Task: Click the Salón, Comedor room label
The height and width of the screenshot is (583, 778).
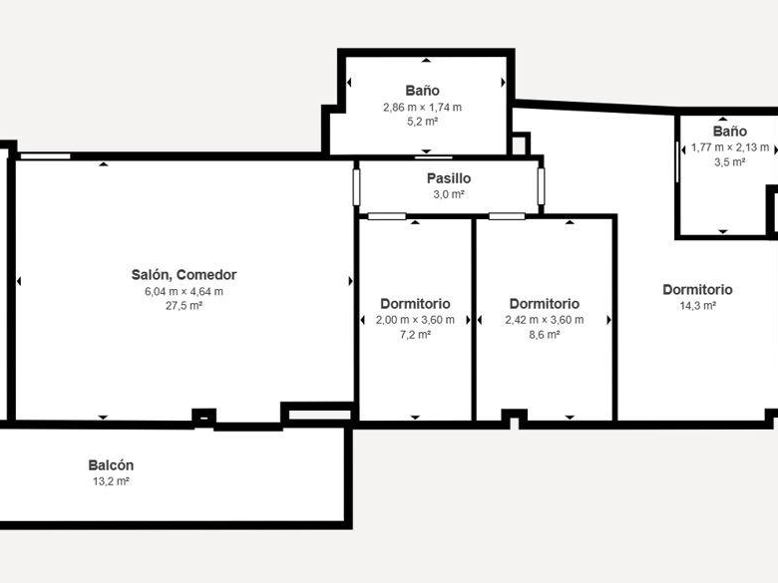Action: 184,275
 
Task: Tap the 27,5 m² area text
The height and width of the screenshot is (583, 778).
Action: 184,306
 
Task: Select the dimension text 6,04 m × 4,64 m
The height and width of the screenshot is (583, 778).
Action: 184,291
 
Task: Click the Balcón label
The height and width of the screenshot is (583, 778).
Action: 111,465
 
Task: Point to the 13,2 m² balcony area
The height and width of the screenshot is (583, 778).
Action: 111,481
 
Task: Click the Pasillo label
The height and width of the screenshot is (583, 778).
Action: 449,178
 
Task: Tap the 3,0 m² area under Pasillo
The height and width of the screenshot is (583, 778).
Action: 449,194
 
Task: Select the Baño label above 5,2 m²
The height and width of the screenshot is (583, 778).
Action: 422,91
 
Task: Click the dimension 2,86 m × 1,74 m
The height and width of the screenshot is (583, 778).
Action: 422,107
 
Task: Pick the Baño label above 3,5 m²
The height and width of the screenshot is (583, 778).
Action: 730,132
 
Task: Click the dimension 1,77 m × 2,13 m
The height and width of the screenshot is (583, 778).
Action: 730,147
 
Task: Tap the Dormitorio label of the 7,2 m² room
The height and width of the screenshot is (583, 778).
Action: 415,303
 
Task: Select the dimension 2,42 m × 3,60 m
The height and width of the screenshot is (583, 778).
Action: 545,320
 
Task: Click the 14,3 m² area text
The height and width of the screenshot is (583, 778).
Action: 697,306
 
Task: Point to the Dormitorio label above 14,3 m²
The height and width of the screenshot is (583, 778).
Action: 697,290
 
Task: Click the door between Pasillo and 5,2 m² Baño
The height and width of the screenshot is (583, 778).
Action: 434,157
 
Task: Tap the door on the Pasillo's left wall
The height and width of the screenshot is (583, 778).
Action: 356,187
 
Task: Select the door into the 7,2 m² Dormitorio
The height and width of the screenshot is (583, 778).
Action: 387,216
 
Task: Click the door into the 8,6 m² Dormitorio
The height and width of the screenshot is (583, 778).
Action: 507,216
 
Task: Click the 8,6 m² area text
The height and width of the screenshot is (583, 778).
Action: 545,335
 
